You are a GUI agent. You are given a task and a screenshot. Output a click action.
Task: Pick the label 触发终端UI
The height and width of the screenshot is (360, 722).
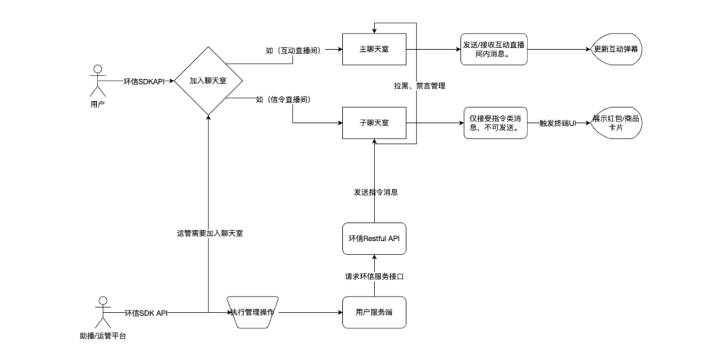(x=557, y=122)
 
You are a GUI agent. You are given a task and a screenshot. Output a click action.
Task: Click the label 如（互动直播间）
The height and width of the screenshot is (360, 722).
(x=293, y=50)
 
